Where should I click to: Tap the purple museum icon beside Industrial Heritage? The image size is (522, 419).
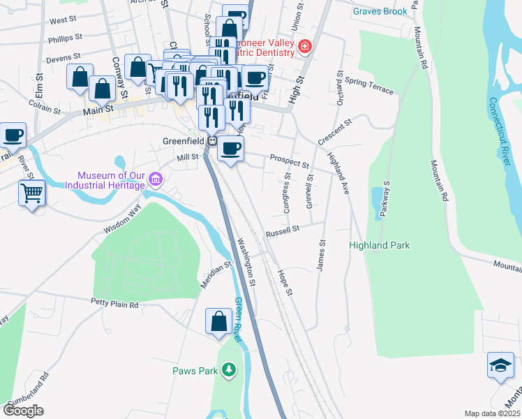(x=155, y=180)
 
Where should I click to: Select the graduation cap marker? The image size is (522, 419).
(x=500, y=365)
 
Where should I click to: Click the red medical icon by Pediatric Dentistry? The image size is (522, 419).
(x=304, y=47)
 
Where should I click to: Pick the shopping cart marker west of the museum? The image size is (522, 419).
(x=32, y=191)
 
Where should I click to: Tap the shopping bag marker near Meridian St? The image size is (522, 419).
(x=218, y=321)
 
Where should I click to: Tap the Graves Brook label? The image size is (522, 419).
(x=380, y=11)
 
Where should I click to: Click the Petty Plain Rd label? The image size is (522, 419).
(x=114, y=304)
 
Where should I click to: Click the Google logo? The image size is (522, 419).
(x=23, y=411)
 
